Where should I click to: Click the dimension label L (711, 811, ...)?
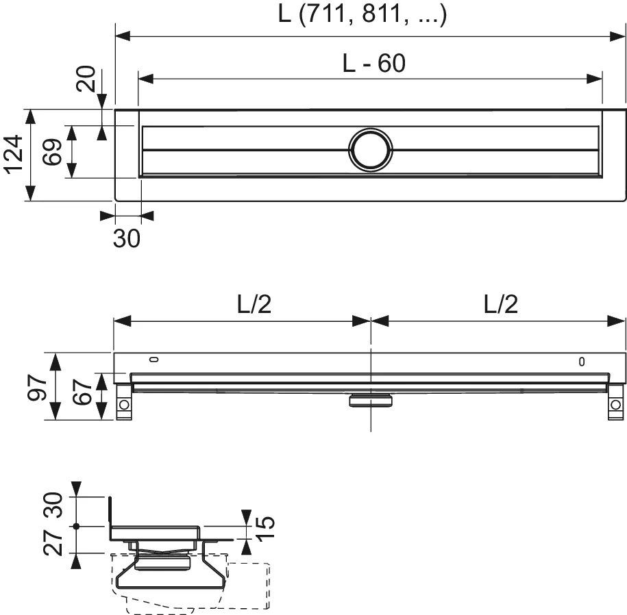pos(362,15)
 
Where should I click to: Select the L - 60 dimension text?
pos(373,63)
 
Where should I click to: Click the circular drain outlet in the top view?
pos(370,149)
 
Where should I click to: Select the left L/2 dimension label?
pos(254,305)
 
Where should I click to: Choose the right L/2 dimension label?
pos(500,305)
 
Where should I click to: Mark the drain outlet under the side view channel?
pos(370,399)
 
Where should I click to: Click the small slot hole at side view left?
pos(154,359)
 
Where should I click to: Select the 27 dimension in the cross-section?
pos(57,540)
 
